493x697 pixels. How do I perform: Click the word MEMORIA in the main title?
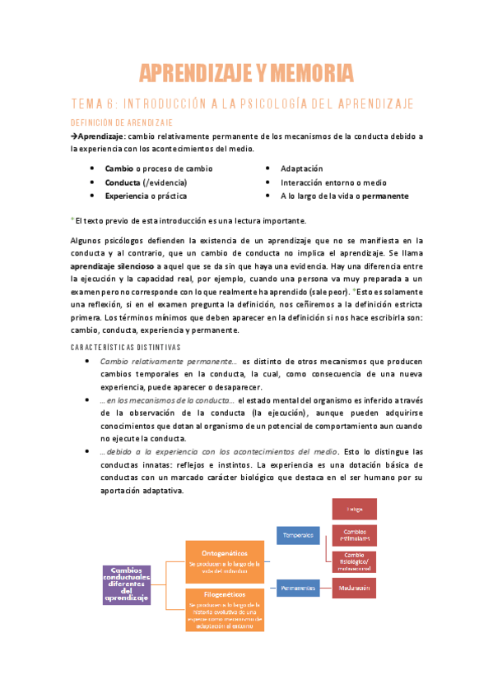click(305, 74)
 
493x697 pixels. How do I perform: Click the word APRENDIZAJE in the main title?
click(195, 74)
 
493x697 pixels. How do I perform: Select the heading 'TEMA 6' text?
click(92, 104)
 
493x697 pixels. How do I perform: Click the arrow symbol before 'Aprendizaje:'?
click(73, 136)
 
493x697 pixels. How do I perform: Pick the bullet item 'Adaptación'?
click(302, 168)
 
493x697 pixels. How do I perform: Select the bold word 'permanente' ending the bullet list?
click(384, 196)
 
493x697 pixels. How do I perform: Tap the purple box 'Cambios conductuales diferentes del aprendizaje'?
click(126, 584)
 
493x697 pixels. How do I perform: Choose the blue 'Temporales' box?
click(299, 536)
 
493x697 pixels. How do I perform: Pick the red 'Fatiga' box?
click(355, 510)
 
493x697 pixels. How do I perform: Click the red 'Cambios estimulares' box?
click(355, 536)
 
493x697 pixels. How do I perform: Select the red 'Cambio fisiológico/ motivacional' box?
click(355, 561)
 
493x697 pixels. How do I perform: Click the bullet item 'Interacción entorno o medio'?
click(333, 182)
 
